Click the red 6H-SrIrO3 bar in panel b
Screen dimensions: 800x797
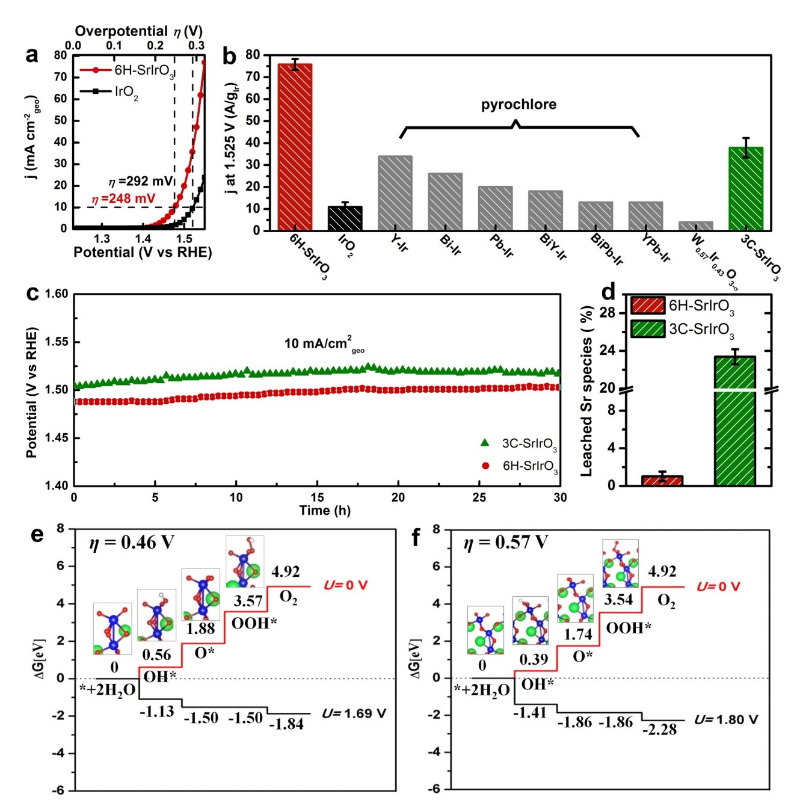(x=295, y=147)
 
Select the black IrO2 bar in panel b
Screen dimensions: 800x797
(x=345, y=218)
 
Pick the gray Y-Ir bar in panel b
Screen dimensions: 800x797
(x=395, y=193)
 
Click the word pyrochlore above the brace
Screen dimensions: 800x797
(x=519, y=105)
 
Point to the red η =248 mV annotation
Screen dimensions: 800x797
(x=123, y=199)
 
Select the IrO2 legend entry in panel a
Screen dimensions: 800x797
(x=126, y=93)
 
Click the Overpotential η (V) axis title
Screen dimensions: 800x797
(x=138, y=31)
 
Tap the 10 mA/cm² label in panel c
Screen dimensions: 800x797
(x=324, y=344)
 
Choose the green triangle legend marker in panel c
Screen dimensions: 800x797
(x=485, y=443)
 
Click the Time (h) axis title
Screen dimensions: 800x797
(x=325, y=511)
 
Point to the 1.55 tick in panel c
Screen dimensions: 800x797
(x=57, y=342)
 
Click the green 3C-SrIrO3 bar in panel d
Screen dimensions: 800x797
(x=735, y=421)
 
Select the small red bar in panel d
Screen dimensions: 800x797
(x=662, y=481)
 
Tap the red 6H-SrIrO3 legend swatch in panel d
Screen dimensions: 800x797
(x=648, y=306)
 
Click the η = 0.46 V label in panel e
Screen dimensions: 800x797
(x=131, y=543)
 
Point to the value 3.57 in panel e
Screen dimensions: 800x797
(x=248, y=601)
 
